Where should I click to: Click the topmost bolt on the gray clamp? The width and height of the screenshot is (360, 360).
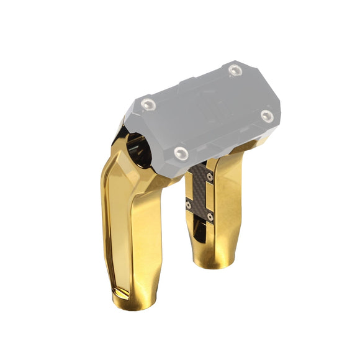pyautogui.click(x=234, y=70)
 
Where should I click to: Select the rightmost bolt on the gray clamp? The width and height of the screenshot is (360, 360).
pyautogui.click(x=267, y=115)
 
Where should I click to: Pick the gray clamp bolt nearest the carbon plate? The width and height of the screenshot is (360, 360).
pyautogui.click(x=181, y=151)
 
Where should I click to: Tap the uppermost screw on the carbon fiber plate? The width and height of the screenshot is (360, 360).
pyautogui.click(x=210, y=177)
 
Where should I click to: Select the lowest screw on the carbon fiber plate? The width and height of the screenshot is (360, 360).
pyautogui.click(x=210, y=217)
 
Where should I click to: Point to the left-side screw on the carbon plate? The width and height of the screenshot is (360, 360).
pyautogui.click(x=189, y=204)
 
